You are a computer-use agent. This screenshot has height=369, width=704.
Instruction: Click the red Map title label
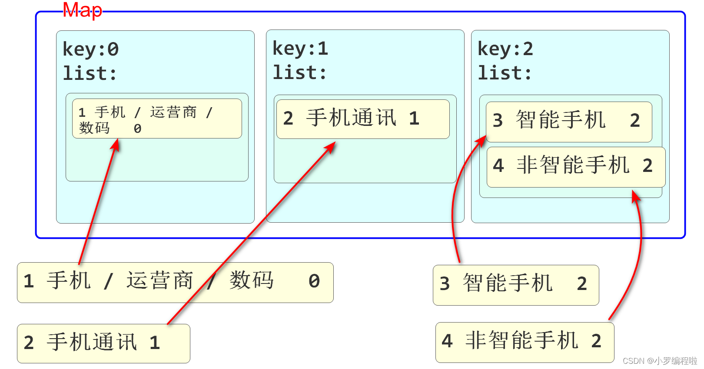coord(82,10)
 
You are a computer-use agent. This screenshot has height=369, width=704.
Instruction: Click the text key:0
coord(90,49)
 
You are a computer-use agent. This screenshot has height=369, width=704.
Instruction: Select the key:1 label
coord(300,48)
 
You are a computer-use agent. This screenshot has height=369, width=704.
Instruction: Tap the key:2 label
coord(505,49)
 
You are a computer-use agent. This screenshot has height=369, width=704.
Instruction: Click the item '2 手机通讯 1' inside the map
coord(362,119)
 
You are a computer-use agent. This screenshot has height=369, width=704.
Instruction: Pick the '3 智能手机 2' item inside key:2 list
coord(568,121)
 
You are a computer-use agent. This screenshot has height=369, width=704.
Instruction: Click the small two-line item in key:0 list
coord(156,119)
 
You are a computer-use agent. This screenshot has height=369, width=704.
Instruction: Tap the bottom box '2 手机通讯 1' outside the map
coord(103,343)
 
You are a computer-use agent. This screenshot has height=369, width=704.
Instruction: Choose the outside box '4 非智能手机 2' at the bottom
coord(524,342)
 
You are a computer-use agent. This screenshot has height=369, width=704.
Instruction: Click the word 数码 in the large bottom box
coord(252,281)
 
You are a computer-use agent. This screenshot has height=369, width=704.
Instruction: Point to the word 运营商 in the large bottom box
coord(159,281)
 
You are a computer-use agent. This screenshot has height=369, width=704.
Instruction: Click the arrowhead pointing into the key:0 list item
coord(116,145)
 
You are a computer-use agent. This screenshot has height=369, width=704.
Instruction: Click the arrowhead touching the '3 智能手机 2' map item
coord(482,141)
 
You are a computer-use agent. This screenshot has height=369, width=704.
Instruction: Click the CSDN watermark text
coord(659,361)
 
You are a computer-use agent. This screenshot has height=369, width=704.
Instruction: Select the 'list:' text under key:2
coord(505,73)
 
